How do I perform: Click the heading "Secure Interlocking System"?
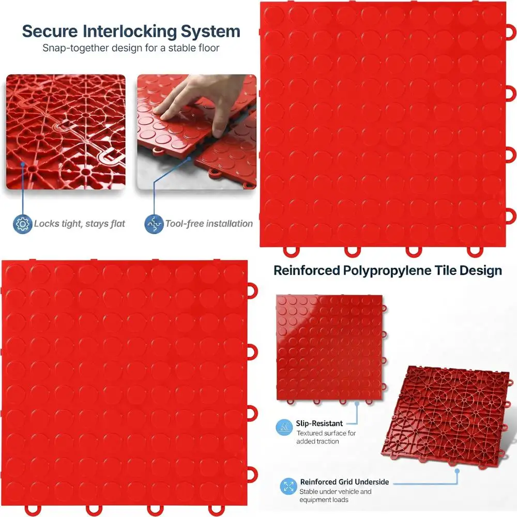(131, 31)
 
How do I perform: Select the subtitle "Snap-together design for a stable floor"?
(131, 48)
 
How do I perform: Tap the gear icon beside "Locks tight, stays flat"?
(22, 224)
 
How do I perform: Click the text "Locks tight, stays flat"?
(79, 224)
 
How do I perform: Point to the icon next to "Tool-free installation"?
(154, 224)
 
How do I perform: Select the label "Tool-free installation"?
(209, 224)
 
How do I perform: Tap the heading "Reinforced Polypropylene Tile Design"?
(387, 270)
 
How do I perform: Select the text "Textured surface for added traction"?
(326, 437)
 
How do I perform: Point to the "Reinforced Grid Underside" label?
(344, 482)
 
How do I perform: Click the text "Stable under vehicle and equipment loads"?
(335, 495)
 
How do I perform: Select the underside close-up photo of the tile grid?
(66, 132)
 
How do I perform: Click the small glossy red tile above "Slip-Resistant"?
(329, 347)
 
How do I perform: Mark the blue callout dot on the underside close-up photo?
(23, 164)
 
